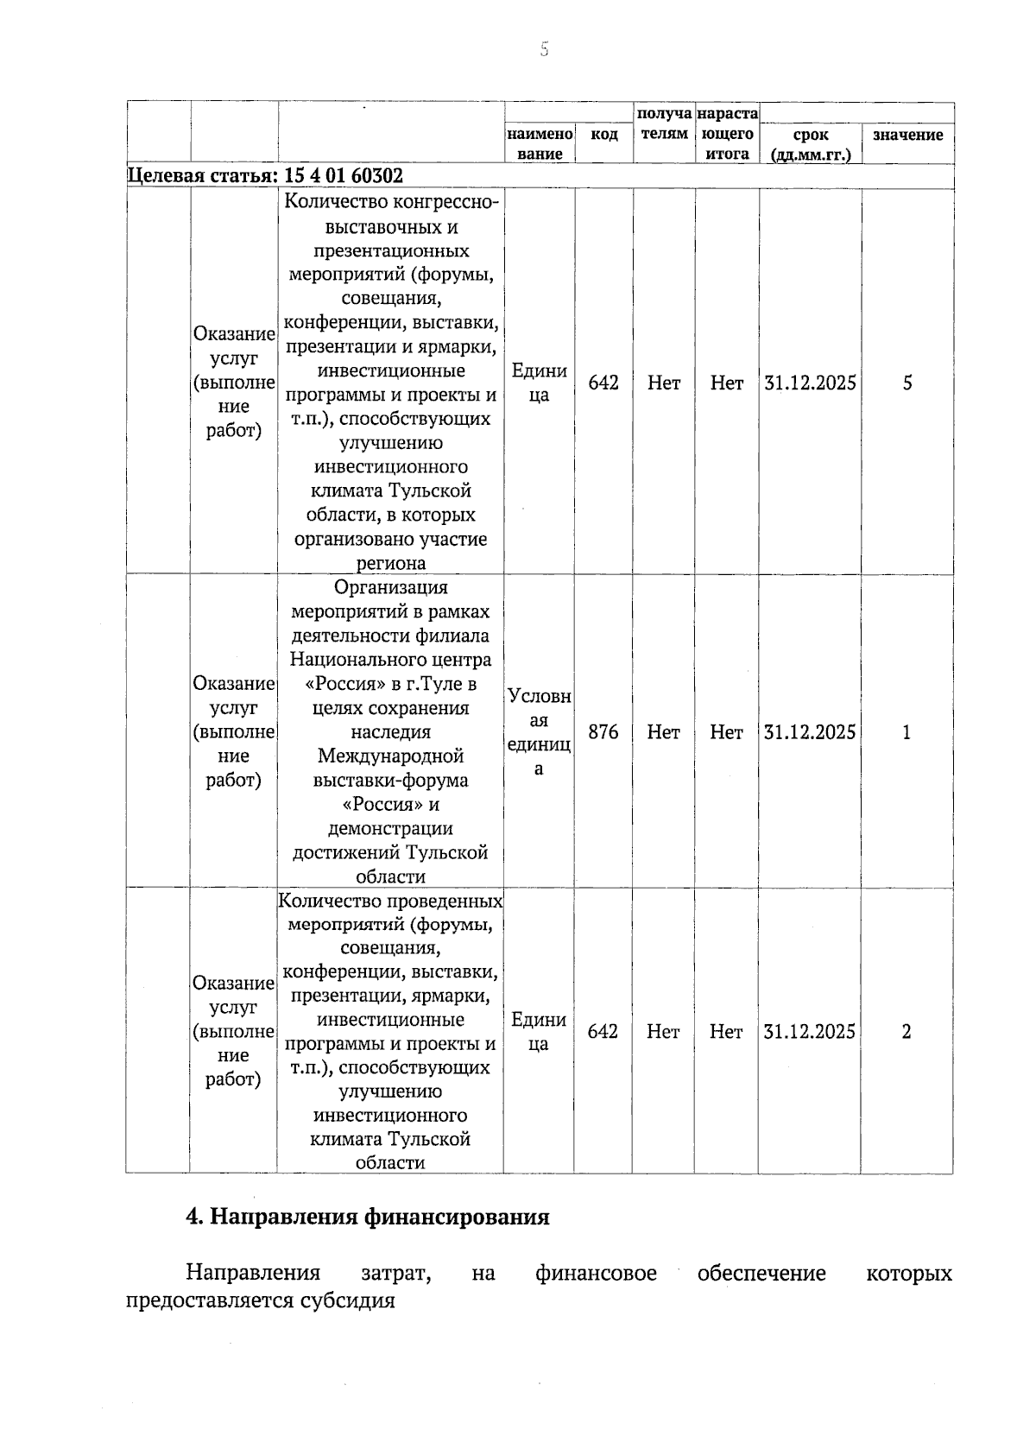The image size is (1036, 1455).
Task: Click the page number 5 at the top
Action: click(544, 49)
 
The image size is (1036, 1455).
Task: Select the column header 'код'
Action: click(603, 135)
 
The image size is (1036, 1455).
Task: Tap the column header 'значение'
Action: click(907, 135)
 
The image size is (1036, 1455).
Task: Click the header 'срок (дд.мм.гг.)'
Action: click(810, 144)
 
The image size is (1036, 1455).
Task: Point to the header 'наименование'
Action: click(540, 144)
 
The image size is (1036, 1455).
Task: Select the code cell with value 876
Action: click(603, 732)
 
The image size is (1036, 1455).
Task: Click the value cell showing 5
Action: click(907, 383)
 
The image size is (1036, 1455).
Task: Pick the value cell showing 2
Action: click(906, 1031)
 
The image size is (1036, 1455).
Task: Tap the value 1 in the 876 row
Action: click(906, 732)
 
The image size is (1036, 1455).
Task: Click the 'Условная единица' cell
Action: click(540, 732)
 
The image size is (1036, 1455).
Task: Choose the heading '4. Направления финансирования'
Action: click(368, 1217)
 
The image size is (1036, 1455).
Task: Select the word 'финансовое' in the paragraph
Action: click(596, 1273)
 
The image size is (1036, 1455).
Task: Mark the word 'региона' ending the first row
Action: click(390, 563)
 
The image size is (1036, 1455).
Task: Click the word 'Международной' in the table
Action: click(390, 756)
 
